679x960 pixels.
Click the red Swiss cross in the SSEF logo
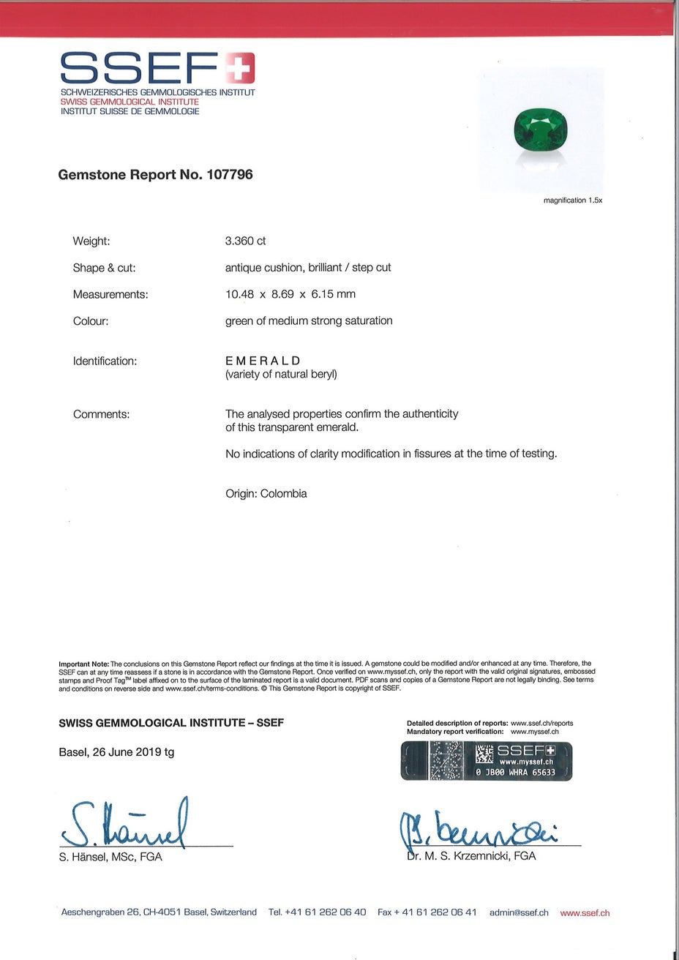tap(240, 68)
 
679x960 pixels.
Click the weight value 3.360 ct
tap(246, 241)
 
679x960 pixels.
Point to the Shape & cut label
tap(104, 268)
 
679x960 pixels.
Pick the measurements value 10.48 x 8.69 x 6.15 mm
tap(290, 294)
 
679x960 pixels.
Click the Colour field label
tap(91, 321)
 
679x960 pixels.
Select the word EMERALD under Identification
tap(263, 361)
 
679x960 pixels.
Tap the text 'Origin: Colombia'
tap(266, 494)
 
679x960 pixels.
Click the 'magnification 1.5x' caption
tap(572, 200)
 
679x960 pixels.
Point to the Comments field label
tap(102, 414)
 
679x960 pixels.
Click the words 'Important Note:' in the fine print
tap(83, 664)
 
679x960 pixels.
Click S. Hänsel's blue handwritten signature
tap(125, 825)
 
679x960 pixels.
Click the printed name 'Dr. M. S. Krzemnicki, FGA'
tap(471, 856)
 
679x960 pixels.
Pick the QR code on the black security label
tap(484, 754)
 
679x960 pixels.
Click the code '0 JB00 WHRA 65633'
tap(515, 772)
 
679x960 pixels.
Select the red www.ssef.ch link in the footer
tap(585, 913)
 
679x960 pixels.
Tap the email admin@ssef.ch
tap(519, 912)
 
